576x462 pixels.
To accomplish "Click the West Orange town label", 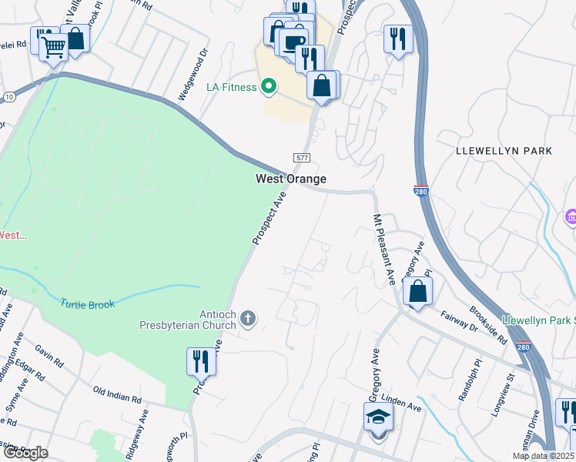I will click(x=291, y=179).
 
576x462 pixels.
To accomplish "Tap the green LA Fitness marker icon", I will click(x=269, y=86).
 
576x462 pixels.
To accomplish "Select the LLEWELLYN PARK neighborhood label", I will click(x=504, y=151).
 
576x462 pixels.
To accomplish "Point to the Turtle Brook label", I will click(x=88, y=304).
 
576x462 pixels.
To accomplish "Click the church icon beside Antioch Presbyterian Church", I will click(x=248, y=317).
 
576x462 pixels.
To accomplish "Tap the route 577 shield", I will click(x=301, y=157).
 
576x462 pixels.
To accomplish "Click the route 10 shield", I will click(x=9, y=95).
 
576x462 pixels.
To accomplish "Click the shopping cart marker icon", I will click(x=53, y=48).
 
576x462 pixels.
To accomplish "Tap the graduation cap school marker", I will click(x=378, y=417).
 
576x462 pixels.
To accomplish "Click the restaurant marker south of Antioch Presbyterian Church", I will click(x=201, y=360).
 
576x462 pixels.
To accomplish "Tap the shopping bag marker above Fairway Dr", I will click(x=417, y=291).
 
